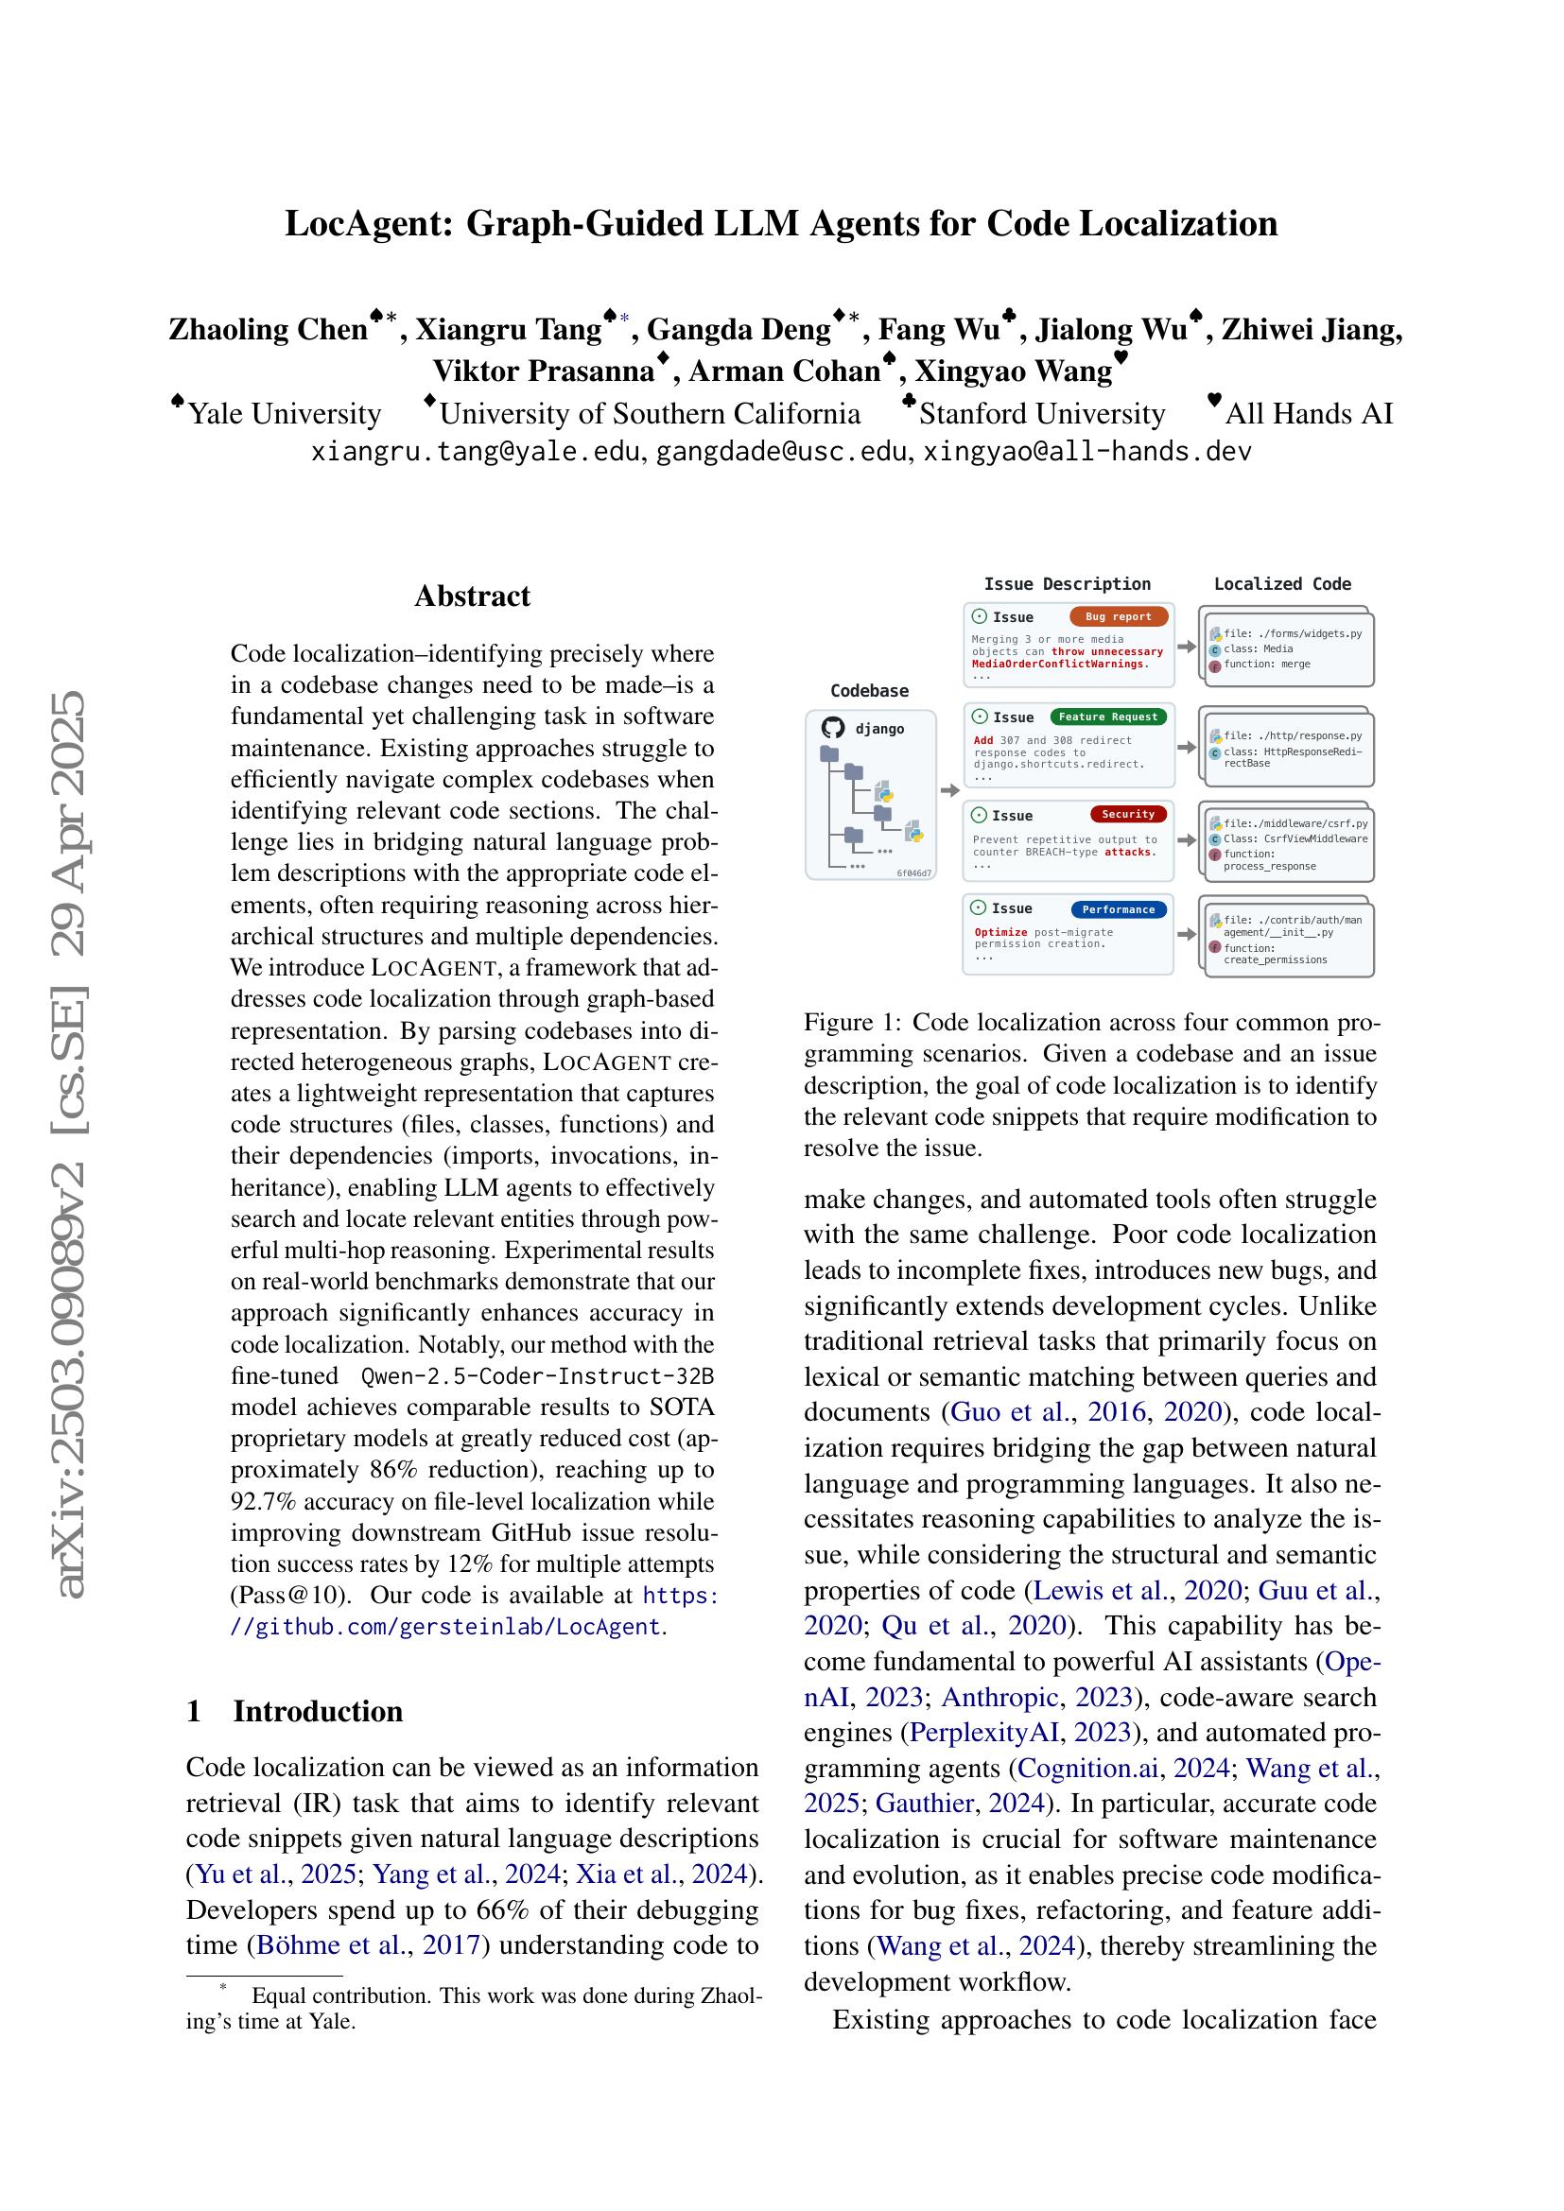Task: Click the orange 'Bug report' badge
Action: click(1118, 616)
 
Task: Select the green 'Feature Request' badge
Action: click(1107, 717)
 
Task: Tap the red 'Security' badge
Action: click(1128, 814)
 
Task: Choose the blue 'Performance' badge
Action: click(1118, 909)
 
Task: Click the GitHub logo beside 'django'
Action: click(833, 728)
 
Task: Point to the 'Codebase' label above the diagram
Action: click(869, 690)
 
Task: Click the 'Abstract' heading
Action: click(472, 596)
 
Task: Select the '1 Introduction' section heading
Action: click(294, 1710)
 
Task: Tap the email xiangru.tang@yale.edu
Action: click(475, 451)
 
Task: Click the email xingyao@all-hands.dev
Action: click(1086, 451)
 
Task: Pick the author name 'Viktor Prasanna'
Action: click(543, 371)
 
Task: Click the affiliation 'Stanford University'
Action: click(1041, 413)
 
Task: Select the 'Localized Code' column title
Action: click(1282, 583)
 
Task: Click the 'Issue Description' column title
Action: click(1066, 583)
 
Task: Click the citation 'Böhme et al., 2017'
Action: click(367, 1944)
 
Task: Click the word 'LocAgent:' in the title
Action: click(370, 223)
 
